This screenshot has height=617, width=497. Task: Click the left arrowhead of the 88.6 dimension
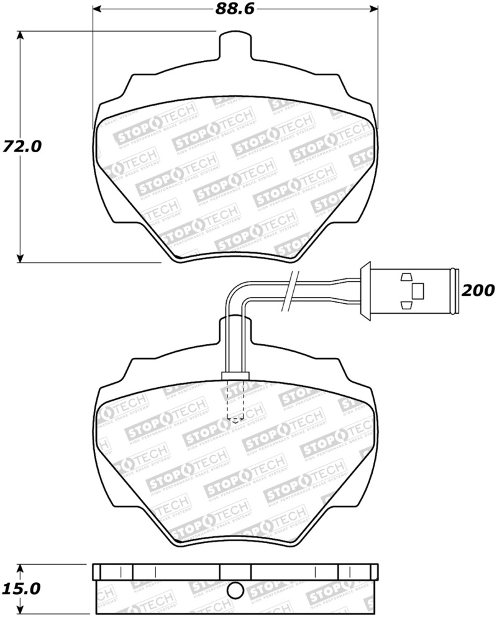(x=97, y=9)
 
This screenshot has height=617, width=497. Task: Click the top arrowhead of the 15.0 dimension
(x=21, y=567)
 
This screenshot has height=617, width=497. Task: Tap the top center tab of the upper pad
(x=235, y=46)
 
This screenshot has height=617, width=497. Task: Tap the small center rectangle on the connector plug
(x=418, y=290)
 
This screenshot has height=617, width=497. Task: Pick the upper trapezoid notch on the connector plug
(x=406, y=277)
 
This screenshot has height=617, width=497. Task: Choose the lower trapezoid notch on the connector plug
(x=406, y=304)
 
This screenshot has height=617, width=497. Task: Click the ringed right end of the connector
(x=455, y=290)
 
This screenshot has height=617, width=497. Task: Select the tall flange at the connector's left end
(x=365, y=290)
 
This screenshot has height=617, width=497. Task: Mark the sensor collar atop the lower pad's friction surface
(x=235, y=375)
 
